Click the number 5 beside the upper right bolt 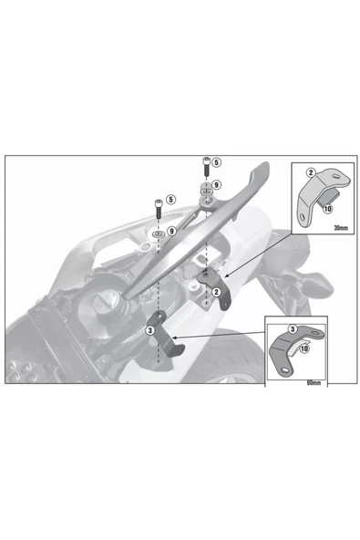click(216, 162)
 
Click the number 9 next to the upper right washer click(216, 185)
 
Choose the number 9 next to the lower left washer click(172, 231)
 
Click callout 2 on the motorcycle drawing click(217, 293)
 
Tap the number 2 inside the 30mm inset click(311, 171)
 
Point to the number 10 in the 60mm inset click(303, 348)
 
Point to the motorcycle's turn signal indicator click(317, 281)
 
